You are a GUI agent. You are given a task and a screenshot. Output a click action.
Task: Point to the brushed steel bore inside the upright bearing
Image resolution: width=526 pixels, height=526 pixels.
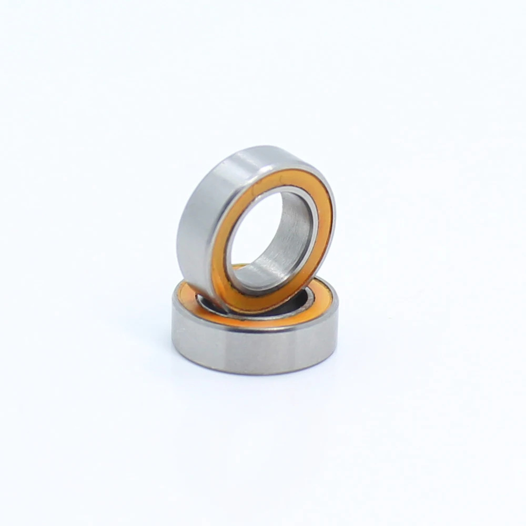click(x=295, y=231)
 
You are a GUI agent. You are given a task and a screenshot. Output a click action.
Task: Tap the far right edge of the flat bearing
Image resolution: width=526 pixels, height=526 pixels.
click(x=337, y=321)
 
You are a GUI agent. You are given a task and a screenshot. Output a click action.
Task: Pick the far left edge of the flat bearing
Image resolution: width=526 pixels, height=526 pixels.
click(x=173, y=321)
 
